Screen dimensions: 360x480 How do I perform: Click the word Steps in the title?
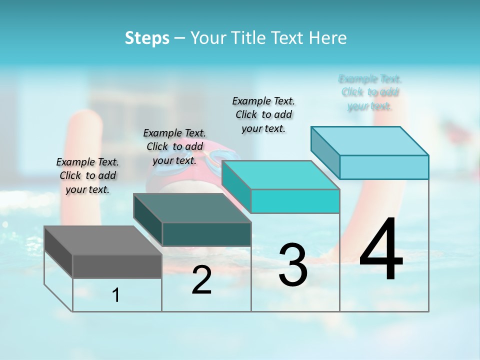[x=147, y=38]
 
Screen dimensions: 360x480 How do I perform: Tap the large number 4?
[x=381, y=249]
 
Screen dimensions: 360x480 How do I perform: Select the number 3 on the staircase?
[x=292, y=265]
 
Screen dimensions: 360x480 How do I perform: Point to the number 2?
[x=201, y=280]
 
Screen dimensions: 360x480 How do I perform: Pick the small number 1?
[x=116, y=295]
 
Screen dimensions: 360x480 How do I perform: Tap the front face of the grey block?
[x=117, y=266]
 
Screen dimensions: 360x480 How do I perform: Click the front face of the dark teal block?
[x=206, y=234]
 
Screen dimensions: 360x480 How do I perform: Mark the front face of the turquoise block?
[x=295, y=201]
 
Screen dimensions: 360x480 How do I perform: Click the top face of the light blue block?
[x=370, y=141]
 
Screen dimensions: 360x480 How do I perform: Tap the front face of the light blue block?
[x=384, y=167]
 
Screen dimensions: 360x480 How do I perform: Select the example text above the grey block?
[x=87, y=175]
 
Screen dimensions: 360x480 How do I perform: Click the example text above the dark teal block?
[x=174, y=146]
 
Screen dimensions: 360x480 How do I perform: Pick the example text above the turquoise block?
[x=263, y=114]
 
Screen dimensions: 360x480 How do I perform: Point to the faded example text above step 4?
[x=370, y=92]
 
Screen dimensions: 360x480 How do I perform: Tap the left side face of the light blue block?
[x=325, y=152]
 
